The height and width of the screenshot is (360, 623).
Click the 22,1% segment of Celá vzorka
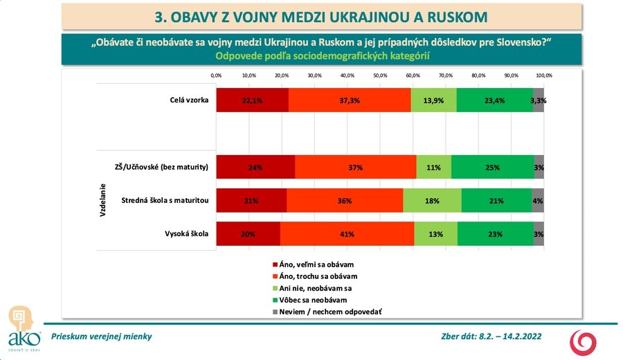coord(252,100)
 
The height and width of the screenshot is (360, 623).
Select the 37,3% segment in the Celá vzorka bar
coord(350,100)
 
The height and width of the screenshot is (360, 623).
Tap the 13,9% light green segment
coord(434,100)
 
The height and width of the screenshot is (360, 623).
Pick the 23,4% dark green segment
coord(495,100)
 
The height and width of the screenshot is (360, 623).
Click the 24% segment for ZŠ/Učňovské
coord(255,167)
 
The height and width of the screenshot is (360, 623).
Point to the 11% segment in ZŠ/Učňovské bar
coord(434,167)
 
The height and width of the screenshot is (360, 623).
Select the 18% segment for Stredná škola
coord(433,201)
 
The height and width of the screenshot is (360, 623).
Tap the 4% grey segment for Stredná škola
coord(538,201)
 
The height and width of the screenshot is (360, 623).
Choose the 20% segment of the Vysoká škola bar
coord(248,234)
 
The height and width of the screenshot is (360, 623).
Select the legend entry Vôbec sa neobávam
coord(311,300)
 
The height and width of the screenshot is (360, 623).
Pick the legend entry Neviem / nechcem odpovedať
coord(327,312)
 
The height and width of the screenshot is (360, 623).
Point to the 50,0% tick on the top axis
coord(380,75)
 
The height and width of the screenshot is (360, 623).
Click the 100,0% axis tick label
coord(543,75)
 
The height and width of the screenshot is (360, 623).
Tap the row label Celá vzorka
coord(190,100)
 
